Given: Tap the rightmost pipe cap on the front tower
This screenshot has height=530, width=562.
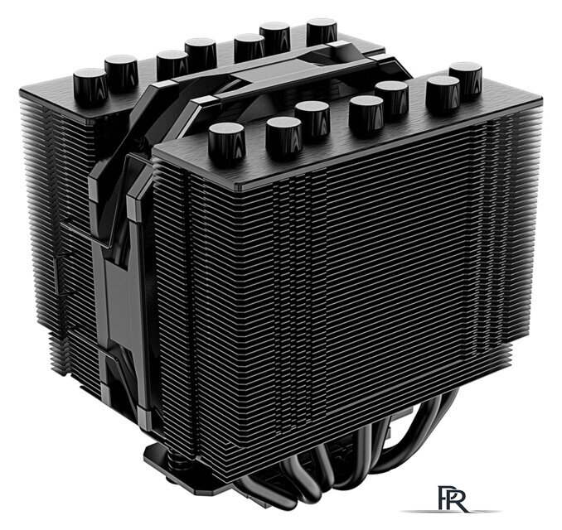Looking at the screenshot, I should click(x=466, y=78).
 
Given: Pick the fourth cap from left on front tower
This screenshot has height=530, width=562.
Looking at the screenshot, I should click(x=366, y=114).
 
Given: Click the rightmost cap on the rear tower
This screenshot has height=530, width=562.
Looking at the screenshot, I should click(x=322, y=31).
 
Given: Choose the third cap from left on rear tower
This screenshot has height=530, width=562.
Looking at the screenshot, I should click(x=172, y=64).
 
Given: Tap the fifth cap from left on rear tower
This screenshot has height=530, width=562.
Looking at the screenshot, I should click(x=249, y=46).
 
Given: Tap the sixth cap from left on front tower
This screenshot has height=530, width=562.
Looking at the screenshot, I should click(x=443, y=93).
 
